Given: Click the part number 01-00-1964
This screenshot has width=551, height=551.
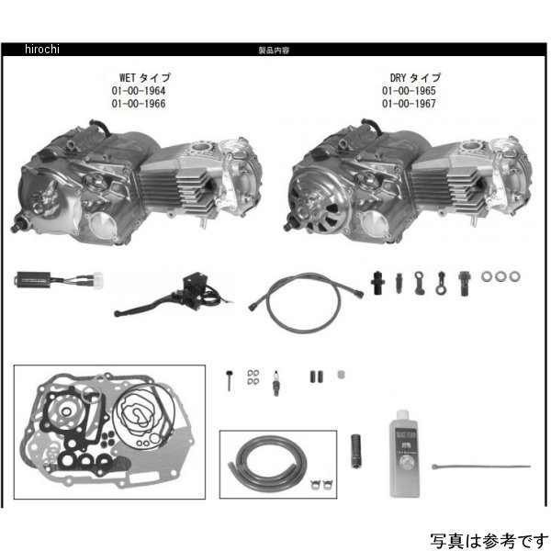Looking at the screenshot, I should tap(137, 91).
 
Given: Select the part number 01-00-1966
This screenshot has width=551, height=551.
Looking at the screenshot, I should tap(137, 104).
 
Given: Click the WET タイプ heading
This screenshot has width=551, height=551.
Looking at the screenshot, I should tap(139, 78).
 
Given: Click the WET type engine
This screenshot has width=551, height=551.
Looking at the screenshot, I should tap(138, 179).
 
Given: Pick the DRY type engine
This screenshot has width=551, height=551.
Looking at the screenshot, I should tap(409, 179).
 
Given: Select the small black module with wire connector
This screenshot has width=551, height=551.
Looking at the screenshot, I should tap(49, 277).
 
